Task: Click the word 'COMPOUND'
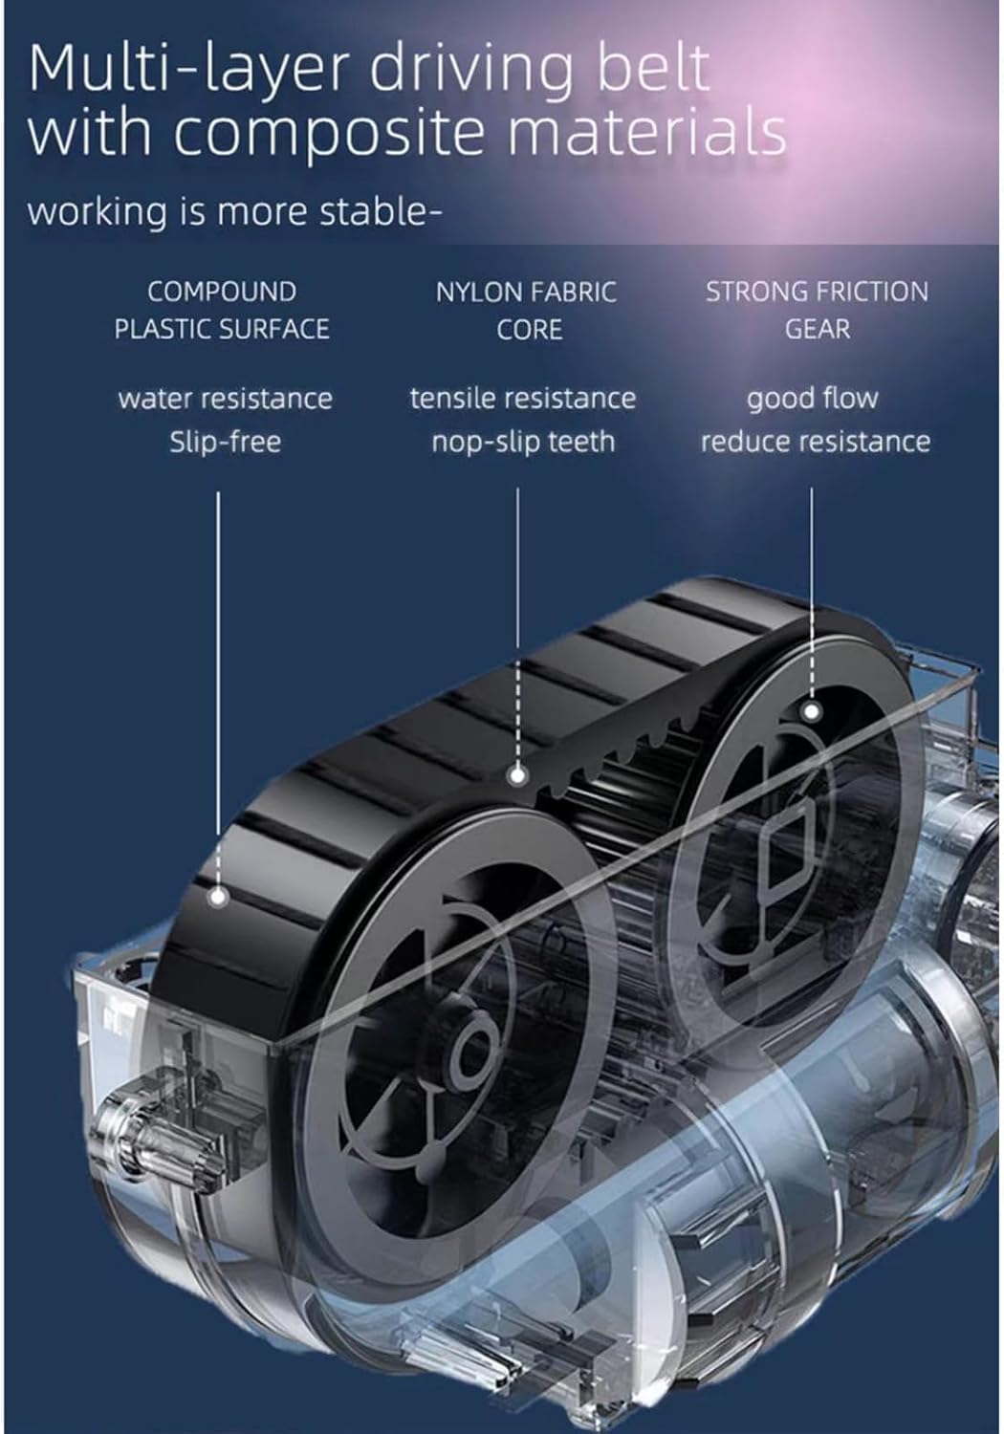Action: pyautogui.click(x=222, y=292)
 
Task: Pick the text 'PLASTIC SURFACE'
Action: pyautogui.click(x=222, y=329)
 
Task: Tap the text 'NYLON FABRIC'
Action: pyautogui.click(x=526, y=293)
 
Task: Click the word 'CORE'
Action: pyautogui.click(x=530, y=330)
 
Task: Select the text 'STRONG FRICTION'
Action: pyautogui.click(x=817, y=292)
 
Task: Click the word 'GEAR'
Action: pyautogui.click(x=818, y=329)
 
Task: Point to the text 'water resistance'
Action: pyautogui.click(x=226, y=399)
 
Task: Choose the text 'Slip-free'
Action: pyautogui.click(x=226, y=442)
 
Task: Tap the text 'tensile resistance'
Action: pyautogui.click(x=523, y=399)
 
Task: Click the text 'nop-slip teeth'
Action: pyautogui.click(x=523, y=443)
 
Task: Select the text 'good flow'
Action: pyautogui.click(x=813, y=399)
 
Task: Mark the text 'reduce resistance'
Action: pyautogui.click(x=816, y=442)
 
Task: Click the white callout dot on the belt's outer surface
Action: pyautogui.click(x=218, y=897)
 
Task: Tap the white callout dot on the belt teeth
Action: pyautogui.click(x=517, y=776)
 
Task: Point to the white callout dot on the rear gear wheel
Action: pyautogui.click(x=812, y=711)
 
